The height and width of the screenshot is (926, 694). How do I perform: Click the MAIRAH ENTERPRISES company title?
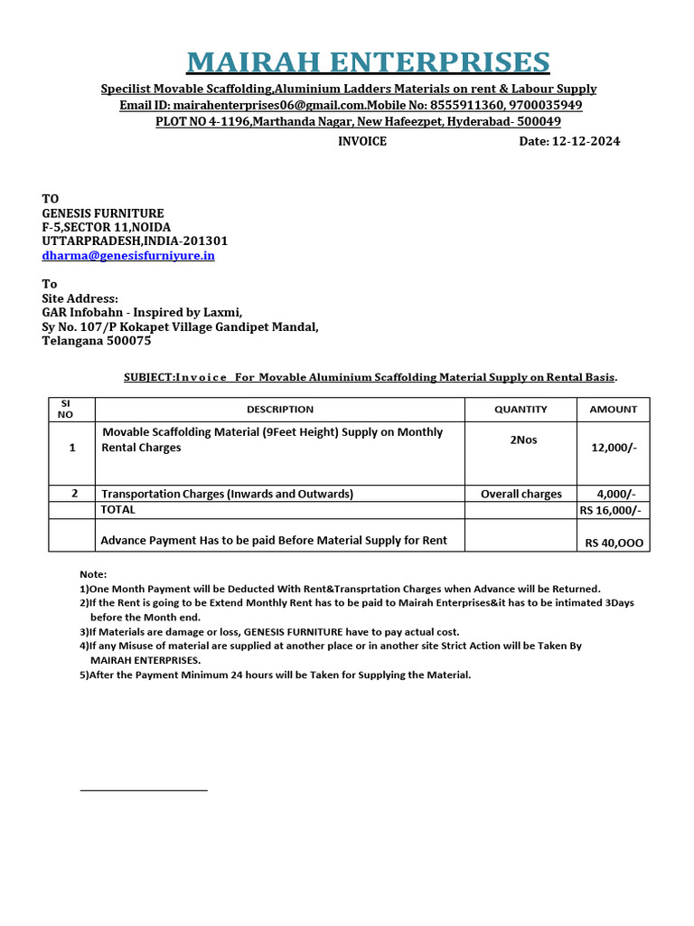point(368,62)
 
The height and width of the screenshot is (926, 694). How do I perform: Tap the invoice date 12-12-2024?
point(569,141)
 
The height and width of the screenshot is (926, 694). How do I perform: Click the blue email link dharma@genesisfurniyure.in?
point(128,256)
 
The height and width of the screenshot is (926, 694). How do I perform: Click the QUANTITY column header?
point(520,410)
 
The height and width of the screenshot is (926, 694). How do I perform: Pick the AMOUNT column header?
point(613,410)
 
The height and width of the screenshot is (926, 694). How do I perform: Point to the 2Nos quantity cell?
point(520,440)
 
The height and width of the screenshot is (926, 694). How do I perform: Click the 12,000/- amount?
point(614,448)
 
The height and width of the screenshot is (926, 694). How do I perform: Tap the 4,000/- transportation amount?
point(616,494)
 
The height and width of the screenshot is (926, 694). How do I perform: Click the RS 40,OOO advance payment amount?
point(614,543)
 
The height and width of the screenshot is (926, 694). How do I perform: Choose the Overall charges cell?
point(520,494)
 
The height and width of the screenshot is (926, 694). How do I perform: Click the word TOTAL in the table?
point(118,510)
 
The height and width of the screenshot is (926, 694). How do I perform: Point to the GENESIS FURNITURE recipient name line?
point(103,213)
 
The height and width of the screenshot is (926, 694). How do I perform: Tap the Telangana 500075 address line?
point(97,341)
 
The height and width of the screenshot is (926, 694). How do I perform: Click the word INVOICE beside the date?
point(362,141)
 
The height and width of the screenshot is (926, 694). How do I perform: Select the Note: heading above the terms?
point(93,574)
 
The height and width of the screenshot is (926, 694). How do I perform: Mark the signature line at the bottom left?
point(144,790)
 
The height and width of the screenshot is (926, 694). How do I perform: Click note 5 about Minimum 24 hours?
point(276,675)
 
